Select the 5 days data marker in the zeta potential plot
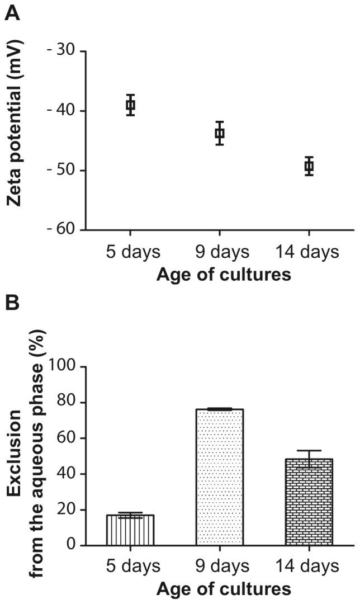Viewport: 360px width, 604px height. (130, 105)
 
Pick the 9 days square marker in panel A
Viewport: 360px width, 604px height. (220, 133)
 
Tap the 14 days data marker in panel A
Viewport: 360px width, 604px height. (309, 166)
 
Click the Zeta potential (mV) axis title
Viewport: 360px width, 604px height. (16, 140)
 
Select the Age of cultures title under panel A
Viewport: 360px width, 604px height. (224, 275)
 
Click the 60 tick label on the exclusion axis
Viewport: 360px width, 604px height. (65, 438)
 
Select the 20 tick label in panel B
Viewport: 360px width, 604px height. (65, 509)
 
